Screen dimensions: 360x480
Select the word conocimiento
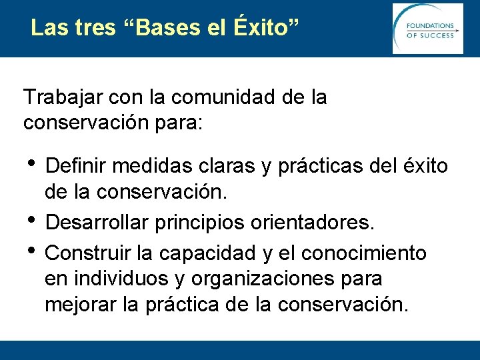coord(363,253)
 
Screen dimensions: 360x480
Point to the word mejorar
coord(82,305)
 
